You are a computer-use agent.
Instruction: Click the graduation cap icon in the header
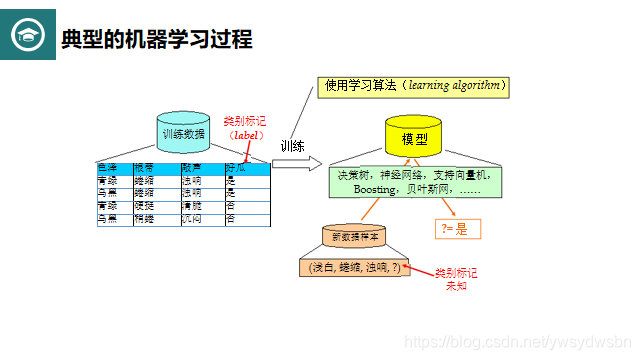point(27,38)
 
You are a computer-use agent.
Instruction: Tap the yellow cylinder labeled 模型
point(414,138)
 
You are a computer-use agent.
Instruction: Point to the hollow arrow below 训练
point(297,163)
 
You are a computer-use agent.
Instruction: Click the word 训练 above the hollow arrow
point(292,146)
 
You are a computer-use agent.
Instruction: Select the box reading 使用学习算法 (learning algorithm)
point(413,86)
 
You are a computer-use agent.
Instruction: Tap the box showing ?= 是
point(460,229)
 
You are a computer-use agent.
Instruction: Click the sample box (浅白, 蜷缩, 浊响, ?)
point(355,267)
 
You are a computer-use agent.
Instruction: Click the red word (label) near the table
point(244,134)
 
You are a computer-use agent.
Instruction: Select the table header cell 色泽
point(108,168)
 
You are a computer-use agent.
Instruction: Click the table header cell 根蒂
point(144,168)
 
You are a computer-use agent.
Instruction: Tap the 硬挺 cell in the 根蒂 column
point(144,206)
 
